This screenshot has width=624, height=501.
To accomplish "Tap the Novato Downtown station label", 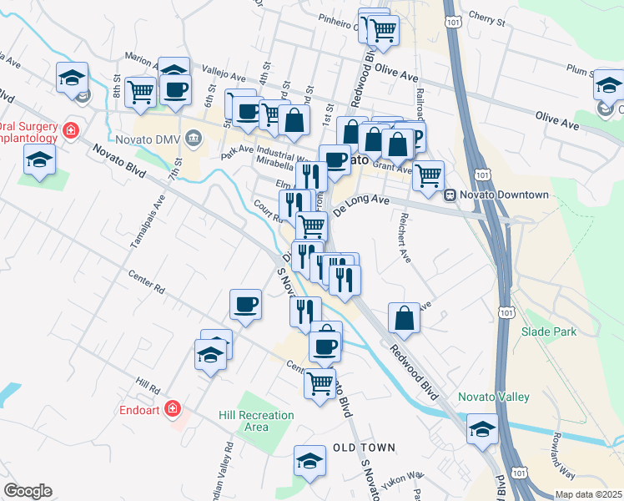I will [x=506, y=195].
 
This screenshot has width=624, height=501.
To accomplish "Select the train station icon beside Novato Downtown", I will [x=450, y=195].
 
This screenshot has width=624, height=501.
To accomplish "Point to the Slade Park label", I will [x=549, y=331].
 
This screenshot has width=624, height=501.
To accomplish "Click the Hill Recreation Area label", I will [x=256, y=421].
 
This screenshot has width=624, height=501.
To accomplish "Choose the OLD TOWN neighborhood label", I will [x=364, y=448].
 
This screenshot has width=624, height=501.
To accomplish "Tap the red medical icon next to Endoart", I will [x=173, y=409].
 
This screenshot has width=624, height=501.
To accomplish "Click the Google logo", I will [x=28, y=491].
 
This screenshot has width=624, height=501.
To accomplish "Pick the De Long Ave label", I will [x=361, y=205].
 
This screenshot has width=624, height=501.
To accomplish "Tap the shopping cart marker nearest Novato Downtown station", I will [x=428, y=176].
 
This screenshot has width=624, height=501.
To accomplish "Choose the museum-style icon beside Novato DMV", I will [x=194, y=136].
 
